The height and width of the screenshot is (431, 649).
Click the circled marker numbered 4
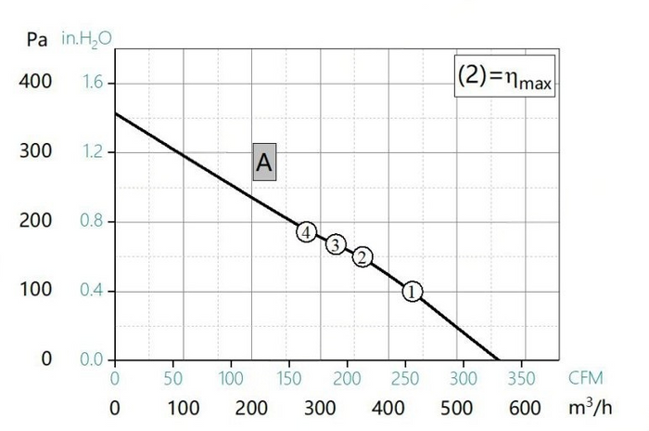coord(306,232)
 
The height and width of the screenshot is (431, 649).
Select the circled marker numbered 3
coord(336,244)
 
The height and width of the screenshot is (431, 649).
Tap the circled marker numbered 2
coord(363,257)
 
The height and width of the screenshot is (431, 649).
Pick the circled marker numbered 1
coord(412,292)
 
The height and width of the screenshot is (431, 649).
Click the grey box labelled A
coord(264,163)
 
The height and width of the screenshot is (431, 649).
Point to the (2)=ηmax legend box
coord(504,76)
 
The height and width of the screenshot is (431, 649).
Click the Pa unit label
coord(37,40)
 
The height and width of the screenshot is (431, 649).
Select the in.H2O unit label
coord(86,39)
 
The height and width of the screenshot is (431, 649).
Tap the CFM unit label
coord(585,378)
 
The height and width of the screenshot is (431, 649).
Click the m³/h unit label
coord(590,408)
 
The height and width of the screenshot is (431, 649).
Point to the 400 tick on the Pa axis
coord(35,82)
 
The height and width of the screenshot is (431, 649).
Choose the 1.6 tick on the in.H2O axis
coord(92,82)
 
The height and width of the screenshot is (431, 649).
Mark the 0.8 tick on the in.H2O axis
coord(91,221)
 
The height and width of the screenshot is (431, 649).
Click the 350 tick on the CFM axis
coord(521,378)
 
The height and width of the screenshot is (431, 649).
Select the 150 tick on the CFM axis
coord(289,378)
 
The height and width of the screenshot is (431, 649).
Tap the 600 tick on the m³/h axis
coord(525,408)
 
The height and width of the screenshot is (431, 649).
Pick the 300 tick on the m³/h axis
coord(320,408)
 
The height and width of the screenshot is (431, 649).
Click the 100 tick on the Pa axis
coord(36,289)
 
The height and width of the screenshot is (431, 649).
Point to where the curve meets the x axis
coord(498,359)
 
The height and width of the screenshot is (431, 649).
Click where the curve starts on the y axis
coord(115,112)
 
